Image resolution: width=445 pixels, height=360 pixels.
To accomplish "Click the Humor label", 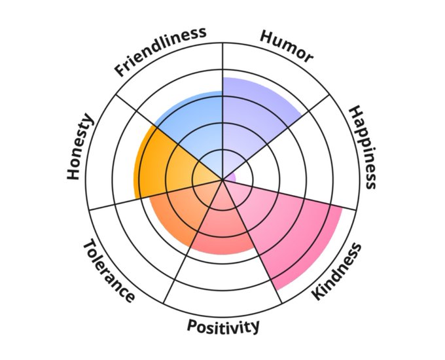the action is (x=286, y=46).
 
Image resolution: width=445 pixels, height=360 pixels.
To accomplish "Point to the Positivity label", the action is (x=223, y=326).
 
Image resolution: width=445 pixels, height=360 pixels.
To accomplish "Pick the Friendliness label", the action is (x=160, y=51).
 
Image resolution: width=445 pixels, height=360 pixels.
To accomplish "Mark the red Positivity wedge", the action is (x=226, y=229).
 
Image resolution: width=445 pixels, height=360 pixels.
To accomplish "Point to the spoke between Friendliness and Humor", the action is (x=223, y=65).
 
